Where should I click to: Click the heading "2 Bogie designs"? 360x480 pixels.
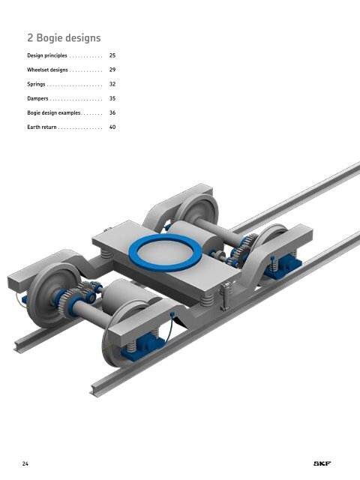tap(64, 38)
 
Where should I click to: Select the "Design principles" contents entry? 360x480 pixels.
tap(47, 55)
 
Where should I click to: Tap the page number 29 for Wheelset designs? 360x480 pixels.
tap(112, 70)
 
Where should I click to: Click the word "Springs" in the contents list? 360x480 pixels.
tap(36, 84)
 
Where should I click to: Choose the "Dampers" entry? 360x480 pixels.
tap(37, 98)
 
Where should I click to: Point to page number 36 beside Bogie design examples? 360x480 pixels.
tap(112, 112)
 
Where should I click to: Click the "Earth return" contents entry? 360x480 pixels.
tap(42, 127)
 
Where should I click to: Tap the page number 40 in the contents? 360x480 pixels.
tap(112, 127)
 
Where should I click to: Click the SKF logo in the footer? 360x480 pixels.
tap(322, 463)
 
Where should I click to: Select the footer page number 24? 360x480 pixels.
tap(25, 463)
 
